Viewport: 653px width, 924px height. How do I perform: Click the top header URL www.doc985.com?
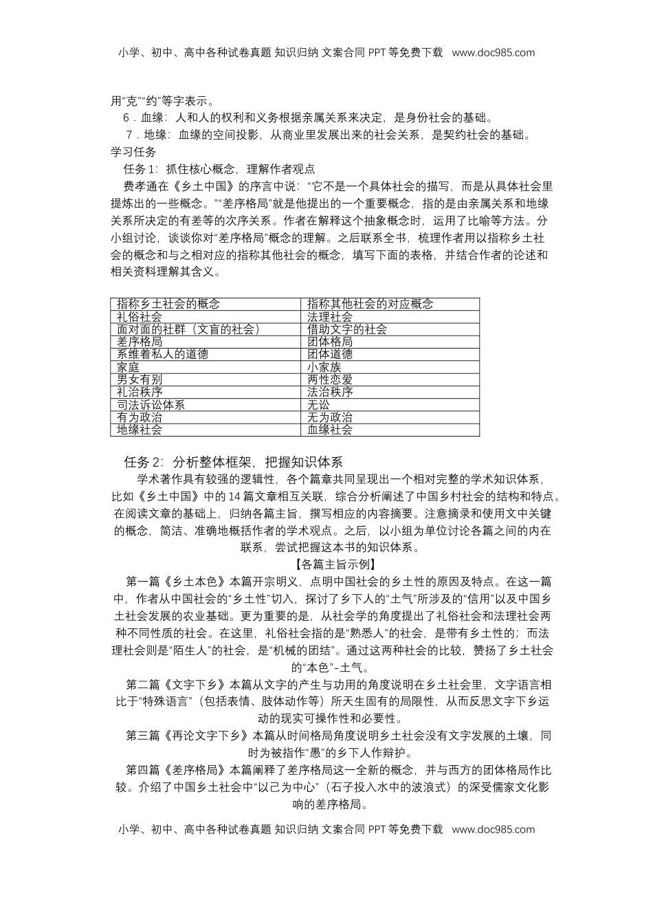[x=493, y=52]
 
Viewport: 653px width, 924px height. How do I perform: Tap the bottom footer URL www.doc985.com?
[x=493, y=829]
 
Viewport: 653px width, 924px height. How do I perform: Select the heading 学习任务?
[x=133, y=152]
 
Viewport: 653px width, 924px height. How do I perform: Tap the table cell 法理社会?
[x=330, y=317]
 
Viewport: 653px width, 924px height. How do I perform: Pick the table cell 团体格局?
[x=330, y=342]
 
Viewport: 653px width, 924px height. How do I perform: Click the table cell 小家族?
[x=324, y=367]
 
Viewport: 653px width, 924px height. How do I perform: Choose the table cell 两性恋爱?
[x=330, y=379]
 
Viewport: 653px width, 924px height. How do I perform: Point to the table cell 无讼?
[x=318, y=405]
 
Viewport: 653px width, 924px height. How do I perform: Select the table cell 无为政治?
[x=330, y=417]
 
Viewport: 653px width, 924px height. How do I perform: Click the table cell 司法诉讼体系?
[x=151, y=405]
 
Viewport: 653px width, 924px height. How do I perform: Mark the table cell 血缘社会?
[x=330, y=430]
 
